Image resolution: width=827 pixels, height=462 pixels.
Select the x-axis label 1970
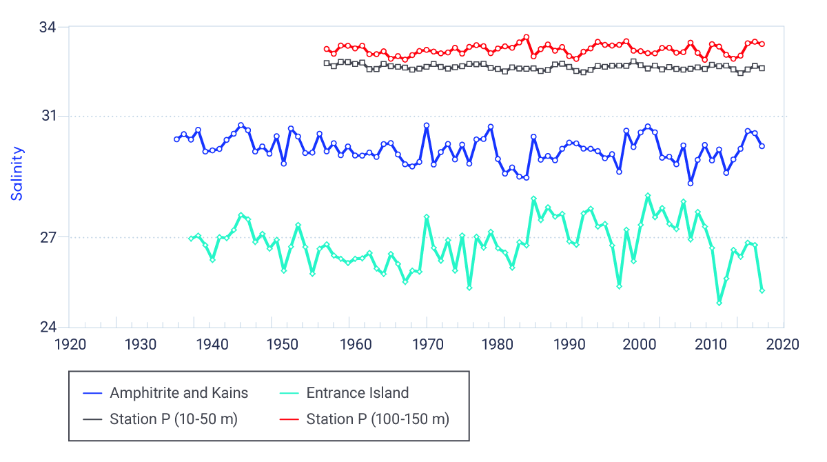pos(427,344)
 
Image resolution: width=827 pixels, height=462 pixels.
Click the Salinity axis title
pos(17,173)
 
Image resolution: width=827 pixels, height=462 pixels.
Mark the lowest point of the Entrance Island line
pos(719,303)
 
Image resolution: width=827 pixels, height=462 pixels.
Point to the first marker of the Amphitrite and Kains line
pos(176,139)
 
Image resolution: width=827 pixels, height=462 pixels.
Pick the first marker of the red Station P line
pos(327,49)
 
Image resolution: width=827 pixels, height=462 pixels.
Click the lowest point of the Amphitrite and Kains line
pos(691,183)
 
